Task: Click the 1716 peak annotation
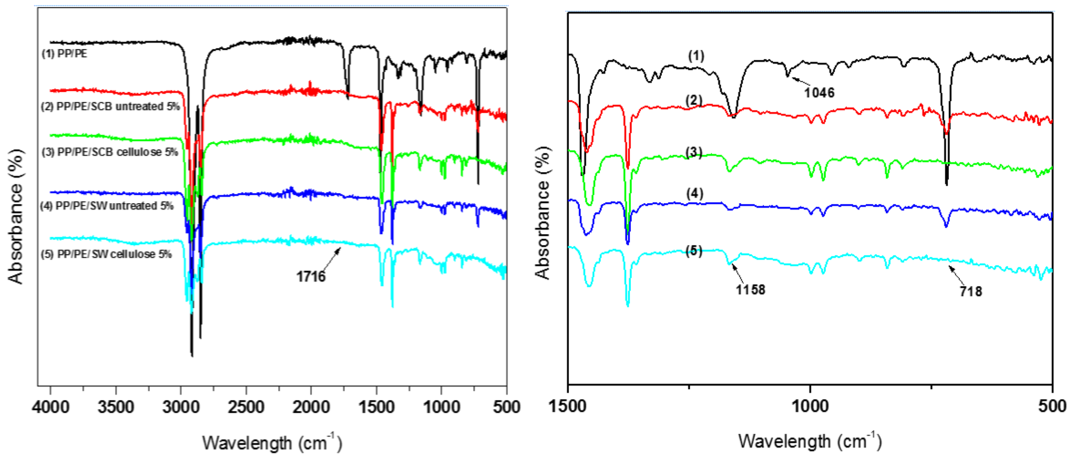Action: [x=311, y=276]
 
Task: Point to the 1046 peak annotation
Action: [x=819, y=92]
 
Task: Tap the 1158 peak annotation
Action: [x=750, y=289]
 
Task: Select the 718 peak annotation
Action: [x=971, y=291]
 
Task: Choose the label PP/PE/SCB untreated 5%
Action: [x=110, y=106]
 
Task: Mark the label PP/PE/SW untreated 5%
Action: [x=107, y=205]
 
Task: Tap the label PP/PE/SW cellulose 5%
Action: [x=106, y=254]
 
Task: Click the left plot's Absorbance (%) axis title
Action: [x=16, y=216]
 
